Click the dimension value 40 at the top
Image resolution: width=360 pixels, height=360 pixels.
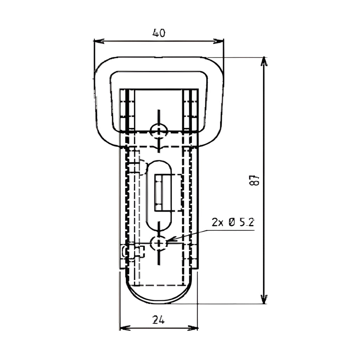159,33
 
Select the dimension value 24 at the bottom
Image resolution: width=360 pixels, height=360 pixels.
159,320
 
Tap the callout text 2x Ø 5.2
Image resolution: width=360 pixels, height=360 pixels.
233,222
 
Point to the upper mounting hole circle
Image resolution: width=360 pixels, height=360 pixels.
159,131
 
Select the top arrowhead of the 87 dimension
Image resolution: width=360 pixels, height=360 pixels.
264,62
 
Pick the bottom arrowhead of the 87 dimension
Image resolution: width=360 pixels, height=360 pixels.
264,299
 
